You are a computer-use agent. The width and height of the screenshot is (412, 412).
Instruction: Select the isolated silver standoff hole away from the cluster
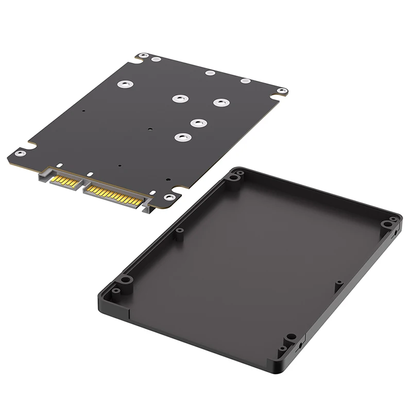[124, 83]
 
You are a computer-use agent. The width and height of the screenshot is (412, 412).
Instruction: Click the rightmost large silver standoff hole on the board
[221, 102]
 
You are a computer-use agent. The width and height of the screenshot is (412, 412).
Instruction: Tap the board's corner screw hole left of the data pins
[20, 152]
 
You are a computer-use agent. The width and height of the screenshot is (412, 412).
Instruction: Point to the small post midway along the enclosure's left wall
[179, 230]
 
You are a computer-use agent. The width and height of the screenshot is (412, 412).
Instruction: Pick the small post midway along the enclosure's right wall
[339, 283]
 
